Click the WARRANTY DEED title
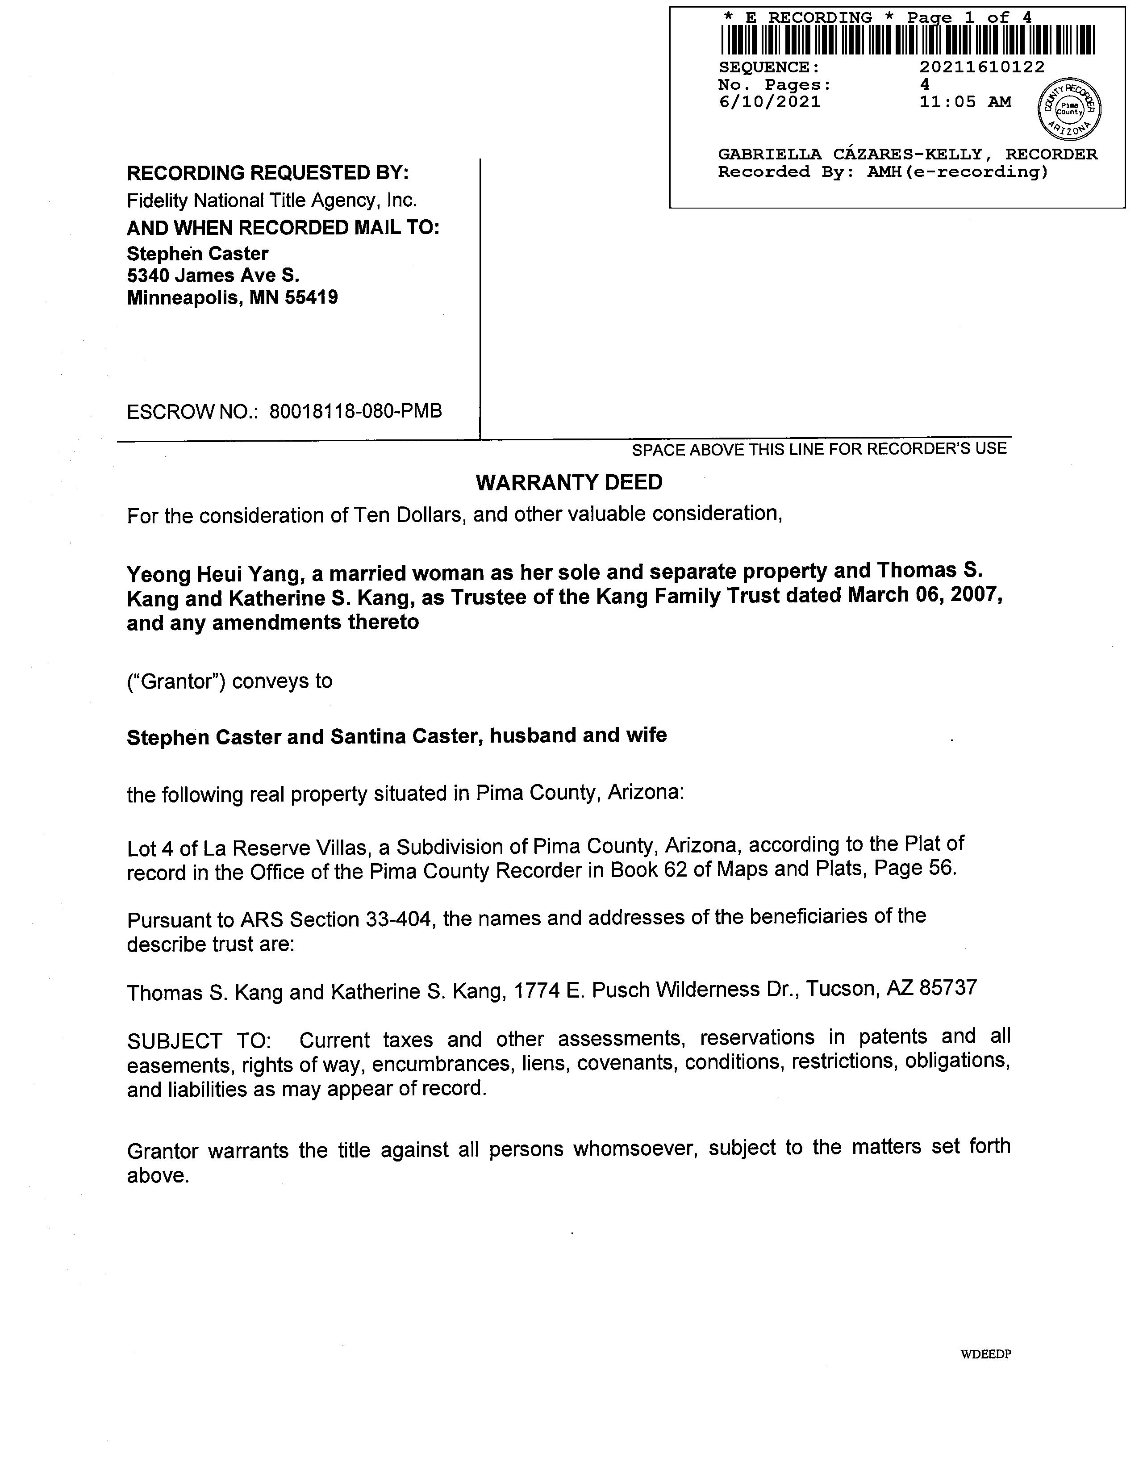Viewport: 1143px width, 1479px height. point(569,482)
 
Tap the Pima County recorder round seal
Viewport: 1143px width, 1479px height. point(1069,109)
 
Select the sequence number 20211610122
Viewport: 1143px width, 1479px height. point(982,67)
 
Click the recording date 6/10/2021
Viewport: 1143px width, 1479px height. point(769,102)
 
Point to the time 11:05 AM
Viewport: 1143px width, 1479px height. point(965,102)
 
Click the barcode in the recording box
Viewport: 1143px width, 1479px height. point(907,40)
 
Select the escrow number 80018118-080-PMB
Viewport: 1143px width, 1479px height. point(355,411)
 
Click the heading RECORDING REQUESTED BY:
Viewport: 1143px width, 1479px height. point(267,173)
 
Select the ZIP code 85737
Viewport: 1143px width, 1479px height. point(948,988)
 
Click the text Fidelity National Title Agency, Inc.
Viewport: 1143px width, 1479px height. point(271,201)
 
